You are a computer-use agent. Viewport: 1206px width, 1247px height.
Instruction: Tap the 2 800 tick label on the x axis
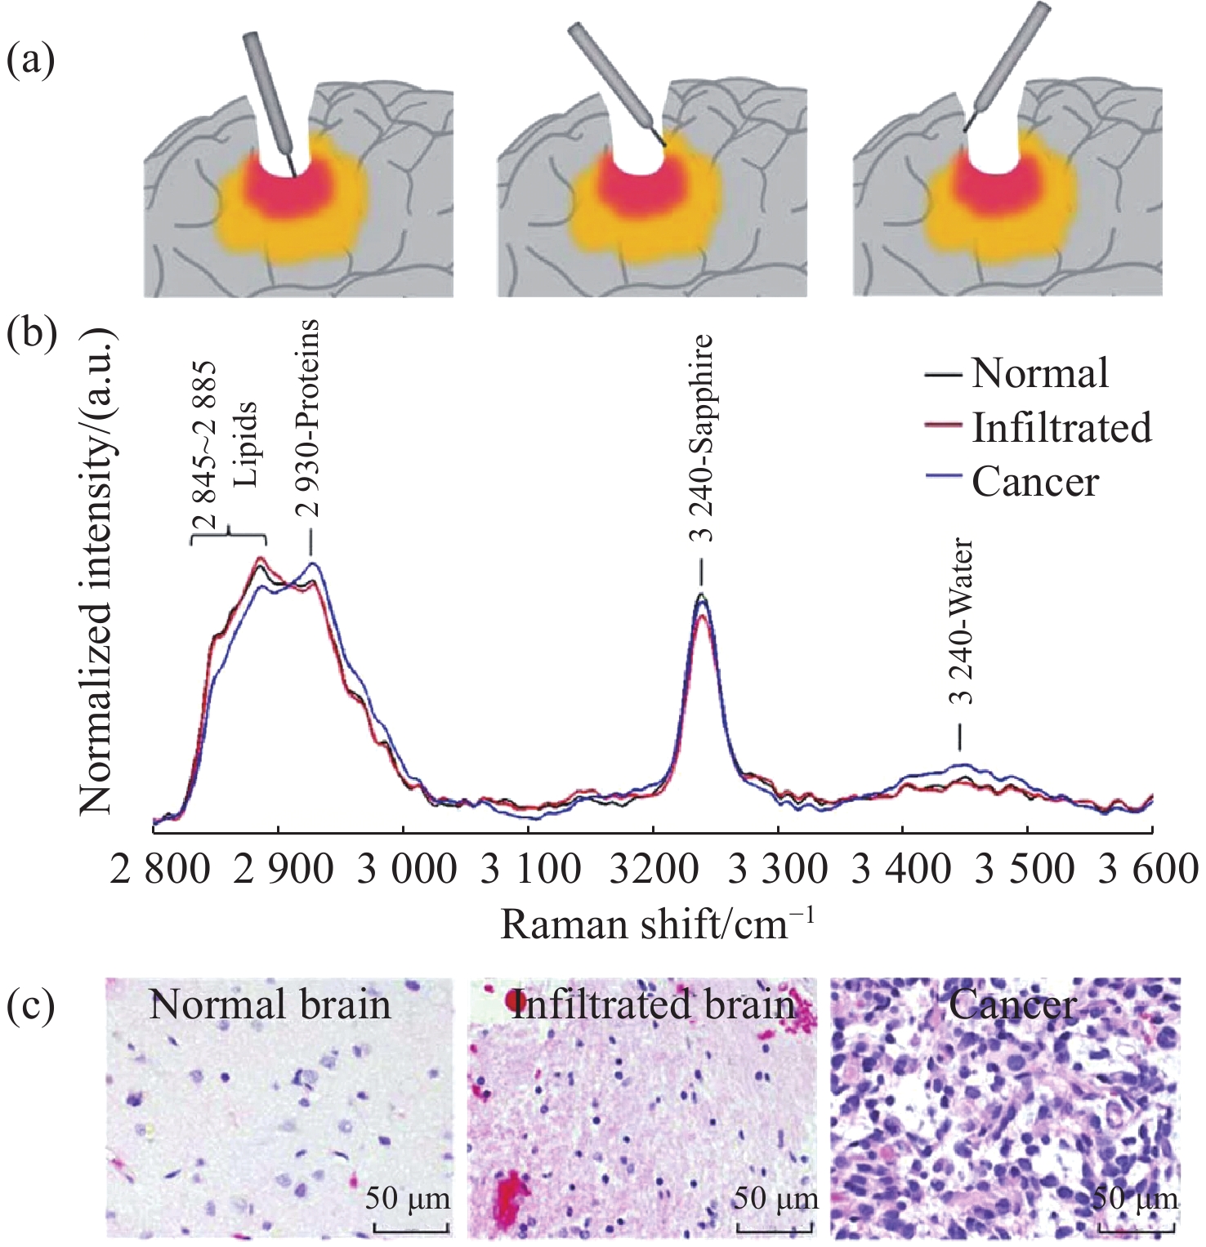159,869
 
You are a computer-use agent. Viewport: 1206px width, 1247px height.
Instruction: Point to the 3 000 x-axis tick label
407,869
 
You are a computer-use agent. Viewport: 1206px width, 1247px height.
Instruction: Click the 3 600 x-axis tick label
1147,869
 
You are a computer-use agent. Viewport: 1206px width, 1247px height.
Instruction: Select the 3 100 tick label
530,869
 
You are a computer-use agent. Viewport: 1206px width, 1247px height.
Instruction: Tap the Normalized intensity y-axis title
96,572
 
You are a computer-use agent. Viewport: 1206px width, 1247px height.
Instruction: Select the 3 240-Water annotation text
963,621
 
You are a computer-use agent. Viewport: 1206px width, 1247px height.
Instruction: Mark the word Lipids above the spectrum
245,444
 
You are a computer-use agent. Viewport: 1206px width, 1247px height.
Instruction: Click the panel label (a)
31,60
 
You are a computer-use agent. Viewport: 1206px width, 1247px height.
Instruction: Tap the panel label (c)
31,1005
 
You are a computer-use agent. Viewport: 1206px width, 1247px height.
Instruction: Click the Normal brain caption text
270,1004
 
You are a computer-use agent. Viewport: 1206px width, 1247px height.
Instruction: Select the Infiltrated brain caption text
653,1004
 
